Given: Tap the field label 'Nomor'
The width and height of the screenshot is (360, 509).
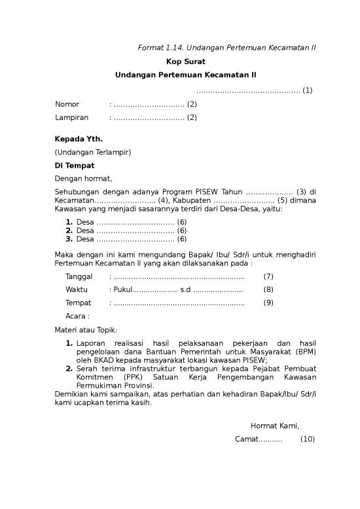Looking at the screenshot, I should coord(67,104).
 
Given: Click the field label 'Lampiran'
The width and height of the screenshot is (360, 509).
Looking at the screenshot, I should coord(72,118).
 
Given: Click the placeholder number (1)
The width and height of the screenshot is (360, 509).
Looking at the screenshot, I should coord(307,90).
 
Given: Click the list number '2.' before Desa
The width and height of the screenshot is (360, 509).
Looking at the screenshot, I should coord(69,231).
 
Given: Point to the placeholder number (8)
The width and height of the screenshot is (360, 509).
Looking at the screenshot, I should coord(268,290).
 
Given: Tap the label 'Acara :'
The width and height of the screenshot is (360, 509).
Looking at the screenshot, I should coord(77,316).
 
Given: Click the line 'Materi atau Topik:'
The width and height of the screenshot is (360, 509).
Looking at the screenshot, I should coord(86,330).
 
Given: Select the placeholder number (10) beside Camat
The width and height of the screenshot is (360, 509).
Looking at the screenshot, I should coord(307,439).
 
